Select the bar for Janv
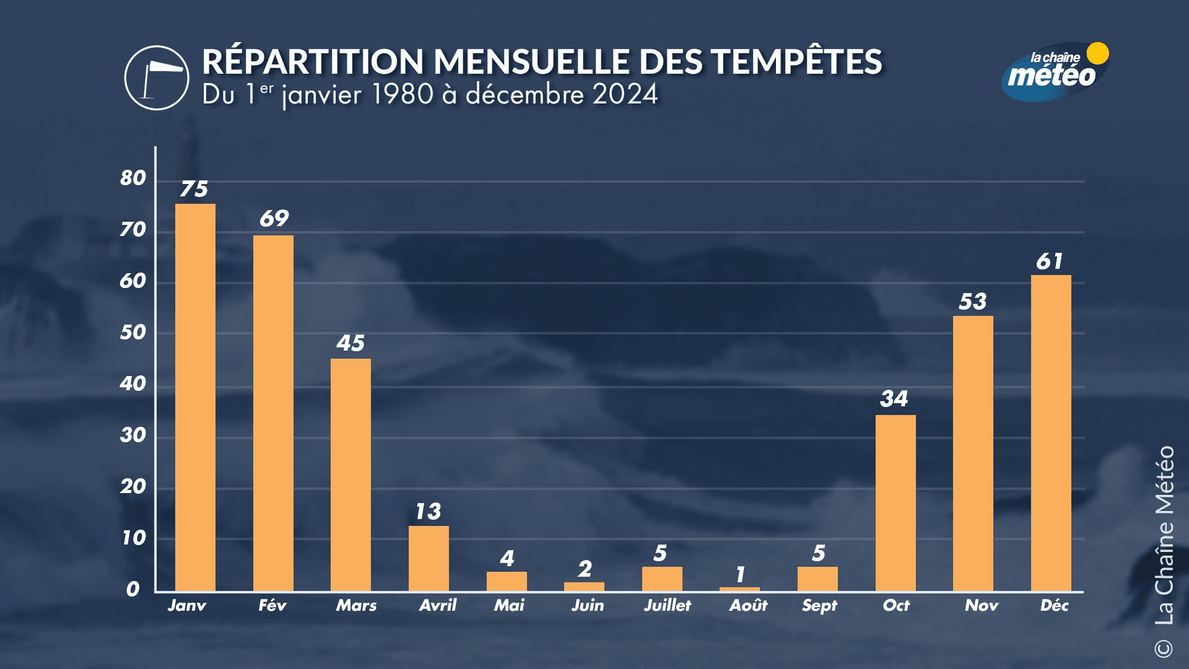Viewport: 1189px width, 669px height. [195, 396]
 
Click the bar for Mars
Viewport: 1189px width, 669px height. [351, 474]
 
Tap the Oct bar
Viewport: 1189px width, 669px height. [895, 502]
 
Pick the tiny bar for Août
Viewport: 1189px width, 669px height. [739, 589]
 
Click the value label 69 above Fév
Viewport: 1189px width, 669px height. [274, 218]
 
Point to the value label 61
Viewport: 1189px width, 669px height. [1050, 261]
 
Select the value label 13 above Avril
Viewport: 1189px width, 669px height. [428, 511]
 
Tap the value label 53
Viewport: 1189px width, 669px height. [972, 302]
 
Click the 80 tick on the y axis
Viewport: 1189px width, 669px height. [133, 178]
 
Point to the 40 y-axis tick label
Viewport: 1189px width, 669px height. [133, 384]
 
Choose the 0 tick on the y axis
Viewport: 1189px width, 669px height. [133, 589]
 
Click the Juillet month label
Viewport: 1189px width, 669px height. [668, 605]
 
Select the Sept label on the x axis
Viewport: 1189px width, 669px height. [819, 605]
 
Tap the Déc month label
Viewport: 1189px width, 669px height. [1054, 605]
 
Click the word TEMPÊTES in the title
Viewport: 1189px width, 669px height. [796, 62]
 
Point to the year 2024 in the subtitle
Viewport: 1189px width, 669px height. [625, 95]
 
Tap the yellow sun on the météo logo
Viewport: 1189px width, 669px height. [1097, 53]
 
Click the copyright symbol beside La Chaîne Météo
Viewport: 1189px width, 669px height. [1164, 649]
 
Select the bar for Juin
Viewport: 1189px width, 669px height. [584, 586]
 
